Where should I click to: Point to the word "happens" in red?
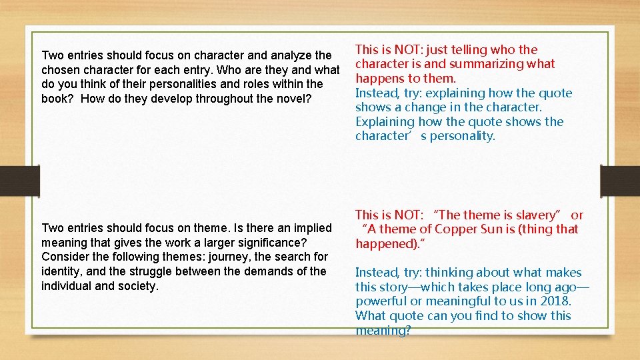click(378, 78)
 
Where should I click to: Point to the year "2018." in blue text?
click(556, 301)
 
